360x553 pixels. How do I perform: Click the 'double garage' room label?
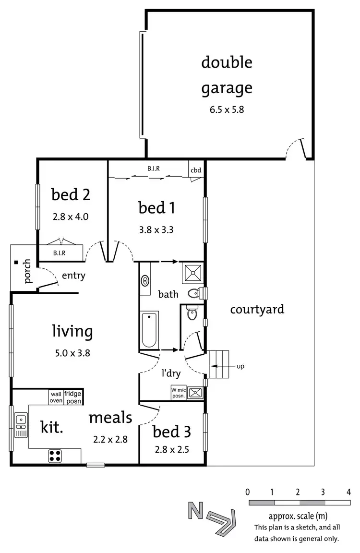[x=227, y=75]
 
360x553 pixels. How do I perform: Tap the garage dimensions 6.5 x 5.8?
[x=227, y=109]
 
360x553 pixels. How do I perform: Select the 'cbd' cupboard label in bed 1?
[x=196, y=170]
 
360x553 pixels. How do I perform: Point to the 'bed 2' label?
[x=71, y=195]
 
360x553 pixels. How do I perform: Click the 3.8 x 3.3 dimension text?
[x=156, y=229]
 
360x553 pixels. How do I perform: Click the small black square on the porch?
[x=16, y=263]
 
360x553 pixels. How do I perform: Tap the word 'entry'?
[x=73, y=276]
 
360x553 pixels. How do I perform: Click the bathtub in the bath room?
[x=150, y=329]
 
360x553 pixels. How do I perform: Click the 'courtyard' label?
[x=257, y=309]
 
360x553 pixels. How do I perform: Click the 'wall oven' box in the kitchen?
[x=55, y=397]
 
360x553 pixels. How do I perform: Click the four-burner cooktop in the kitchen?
[x=55, y=456]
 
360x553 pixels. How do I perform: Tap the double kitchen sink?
[x=21, y=424]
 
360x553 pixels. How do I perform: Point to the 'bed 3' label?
[x=171, y=432]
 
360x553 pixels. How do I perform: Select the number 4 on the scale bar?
[x=348, y=492]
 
